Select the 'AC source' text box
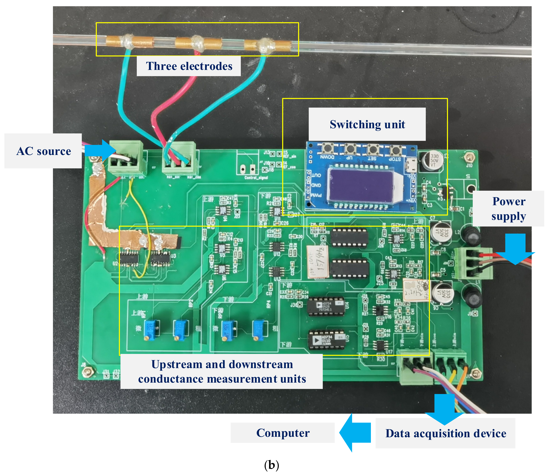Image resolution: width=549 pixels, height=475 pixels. click(43, 151)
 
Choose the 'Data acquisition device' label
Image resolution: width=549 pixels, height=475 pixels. click(445, 433)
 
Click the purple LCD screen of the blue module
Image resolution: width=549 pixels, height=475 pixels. click(360, 185)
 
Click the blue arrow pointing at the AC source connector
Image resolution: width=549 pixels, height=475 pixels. click(101, 150)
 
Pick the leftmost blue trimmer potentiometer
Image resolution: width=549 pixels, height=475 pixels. click(150, 329)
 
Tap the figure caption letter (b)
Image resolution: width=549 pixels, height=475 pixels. click(272, 465)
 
